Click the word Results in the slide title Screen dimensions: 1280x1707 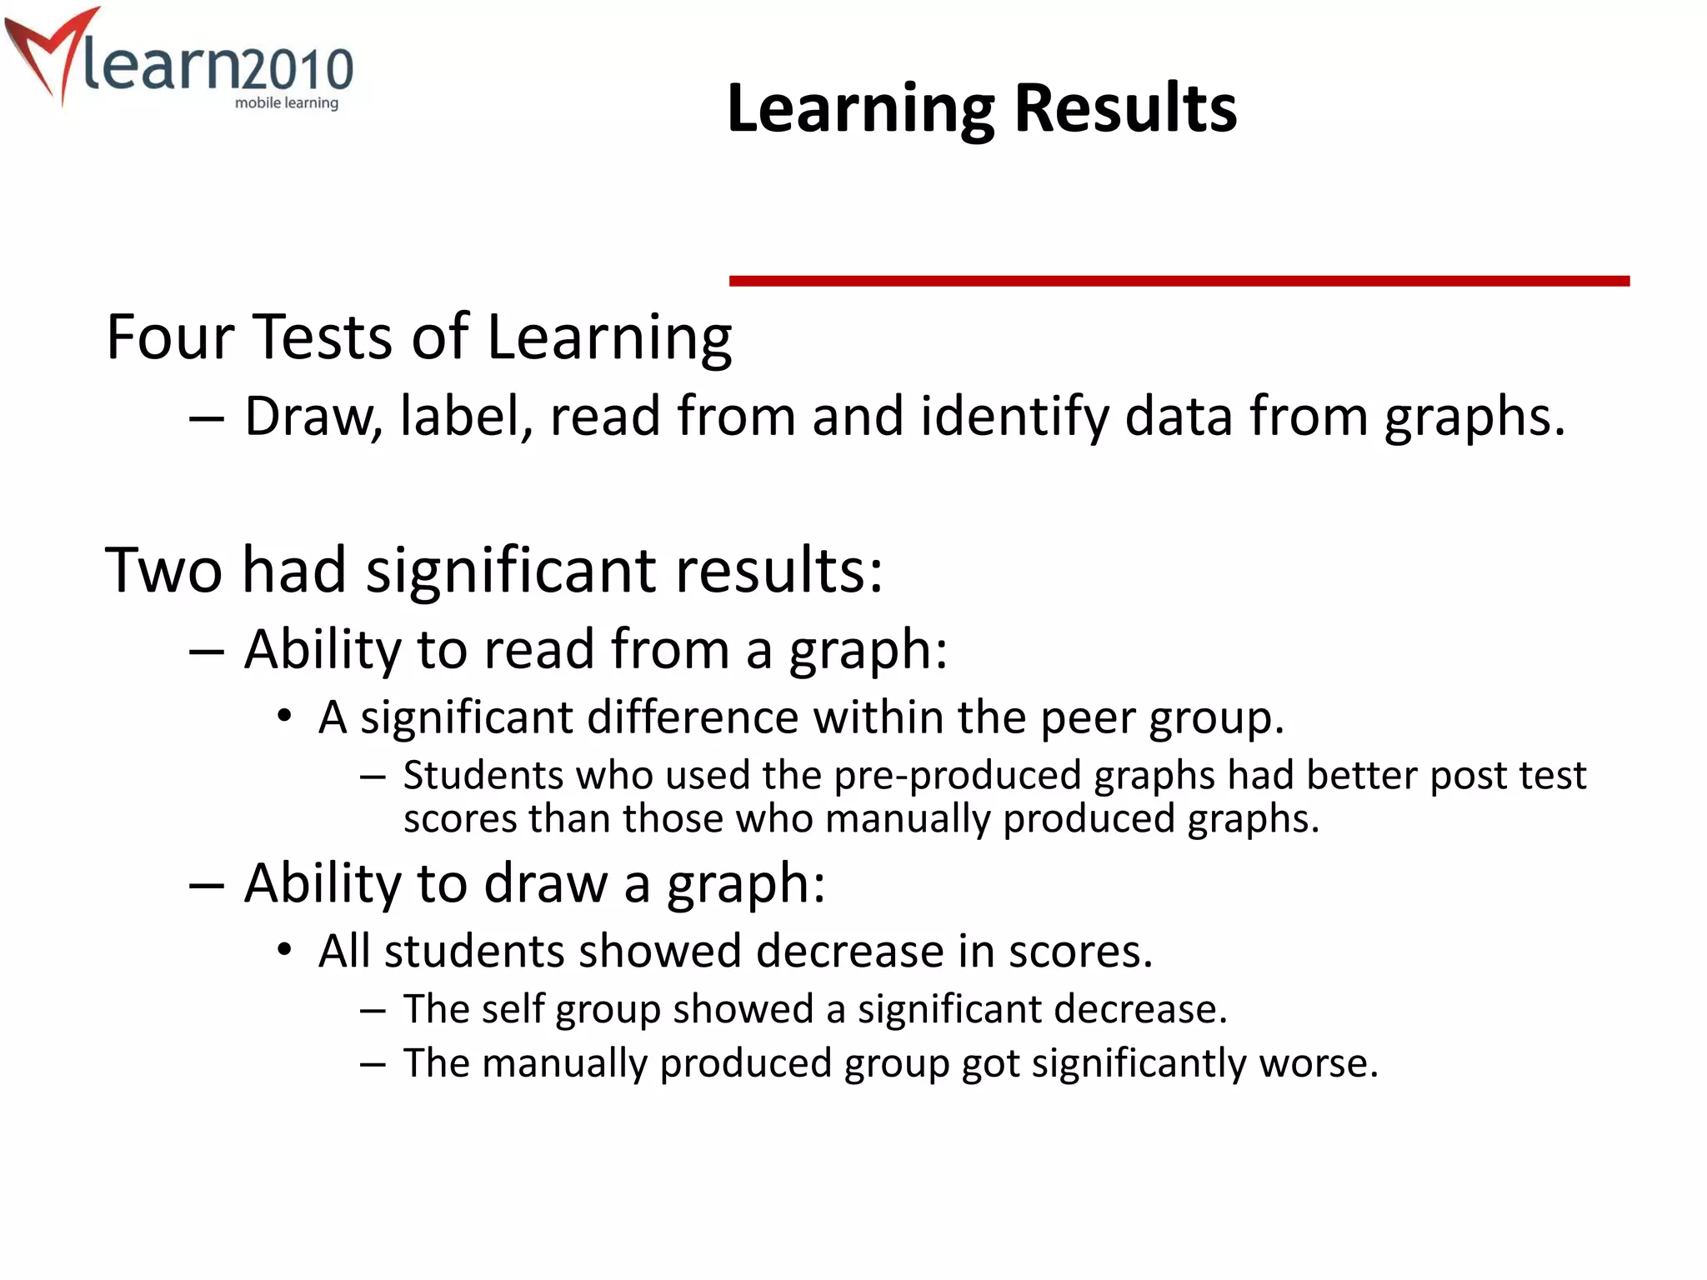coord(1125,109)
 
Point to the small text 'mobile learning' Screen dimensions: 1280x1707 coord(286,103)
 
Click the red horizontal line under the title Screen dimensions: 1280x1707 coord(1179,282)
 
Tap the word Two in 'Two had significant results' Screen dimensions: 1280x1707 coord(163,570)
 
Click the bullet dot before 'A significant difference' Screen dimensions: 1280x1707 coord(285,716)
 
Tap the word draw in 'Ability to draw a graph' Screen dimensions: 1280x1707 coord(545,883)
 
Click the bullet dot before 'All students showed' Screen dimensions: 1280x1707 coord(285,950)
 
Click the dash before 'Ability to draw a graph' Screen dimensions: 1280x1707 coord(206,886)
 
